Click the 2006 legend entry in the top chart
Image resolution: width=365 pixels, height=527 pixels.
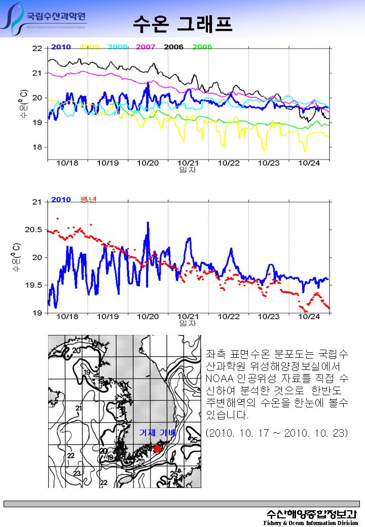[174, 47]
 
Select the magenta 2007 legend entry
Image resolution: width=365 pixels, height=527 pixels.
[145, 47]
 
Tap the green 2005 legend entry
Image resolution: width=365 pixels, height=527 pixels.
[202, 47]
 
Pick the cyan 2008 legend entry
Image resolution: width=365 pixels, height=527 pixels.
[117, 47]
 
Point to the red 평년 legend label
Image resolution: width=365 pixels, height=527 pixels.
[88, 199]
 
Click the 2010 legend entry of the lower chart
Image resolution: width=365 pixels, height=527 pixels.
[61, 200]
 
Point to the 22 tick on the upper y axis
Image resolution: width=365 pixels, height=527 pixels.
[37, 49]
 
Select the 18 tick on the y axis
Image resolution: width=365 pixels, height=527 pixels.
[37, 147]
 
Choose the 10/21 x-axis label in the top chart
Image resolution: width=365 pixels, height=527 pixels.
[188, 163]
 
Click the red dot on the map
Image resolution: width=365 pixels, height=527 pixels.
[157, 449]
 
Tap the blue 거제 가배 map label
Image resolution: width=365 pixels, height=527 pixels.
[157, 433]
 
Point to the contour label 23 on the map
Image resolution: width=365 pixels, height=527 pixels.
[78, 473]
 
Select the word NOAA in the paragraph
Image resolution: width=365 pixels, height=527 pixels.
[218, 379]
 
